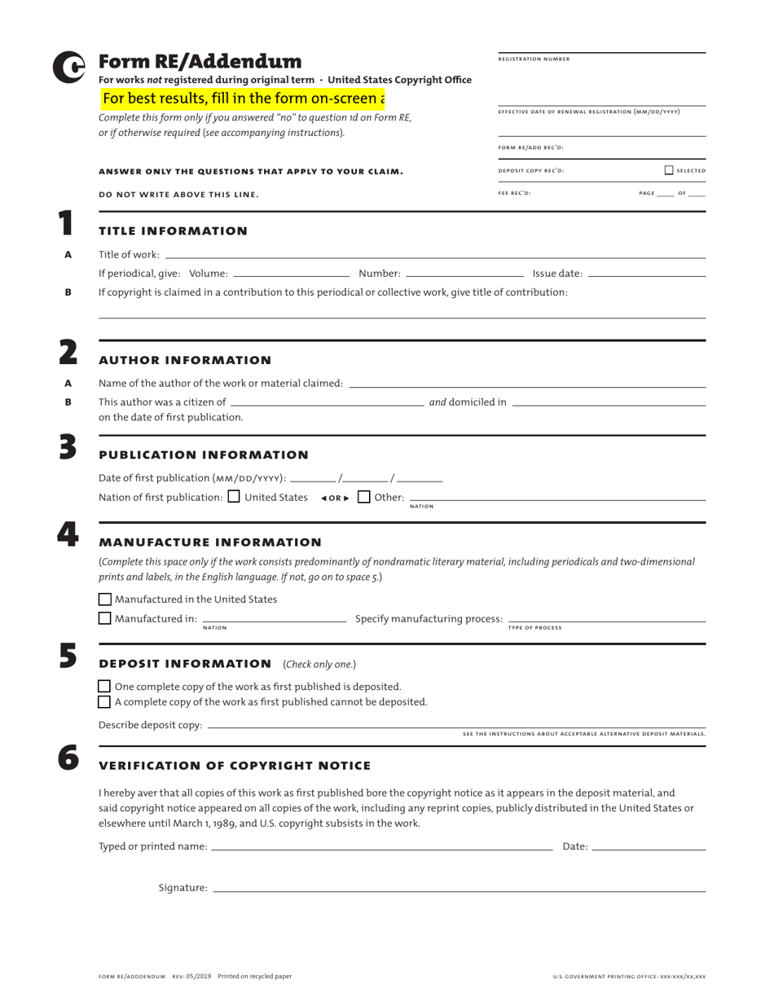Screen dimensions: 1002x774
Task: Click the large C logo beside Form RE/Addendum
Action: tap(68, 68)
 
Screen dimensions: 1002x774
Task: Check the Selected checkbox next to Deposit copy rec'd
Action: tap(669, 170)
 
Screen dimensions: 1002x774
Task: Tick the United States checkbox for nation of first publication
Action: tap(234, 496)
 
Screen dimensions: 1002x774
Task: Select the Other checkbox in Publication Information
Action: tap(364, 496)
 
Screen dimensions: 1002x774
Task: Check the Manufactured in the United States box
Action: tap(104, 600)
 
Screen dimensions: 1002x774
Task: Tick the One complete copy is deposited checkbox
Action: tap(104, 687)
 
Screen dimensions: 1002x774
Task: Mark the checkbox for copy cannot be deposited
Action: tap(104, 701)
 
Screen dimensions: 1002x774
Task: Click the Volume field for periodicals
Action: tap(291, 272)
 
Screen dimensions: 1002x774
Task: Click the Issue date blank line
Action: tap(646, 272)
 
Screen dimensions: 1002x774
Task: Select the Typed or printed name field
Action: tap(381, 846)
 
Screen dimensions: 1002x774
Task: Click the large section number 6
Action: tap(68, 758)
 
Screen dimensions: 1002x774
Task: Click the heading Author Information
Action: tap(185, 360)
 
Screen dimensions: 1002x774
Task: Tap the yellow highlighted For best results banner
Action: tap(243, 99)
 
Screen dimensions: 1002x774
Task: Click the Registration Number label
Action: tap(534, 59)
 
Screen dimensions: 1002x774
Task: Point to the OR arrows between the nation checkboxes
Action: tap(335, 498)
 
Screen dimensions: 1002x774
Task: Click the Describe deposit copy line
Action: tap(456, 724)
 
